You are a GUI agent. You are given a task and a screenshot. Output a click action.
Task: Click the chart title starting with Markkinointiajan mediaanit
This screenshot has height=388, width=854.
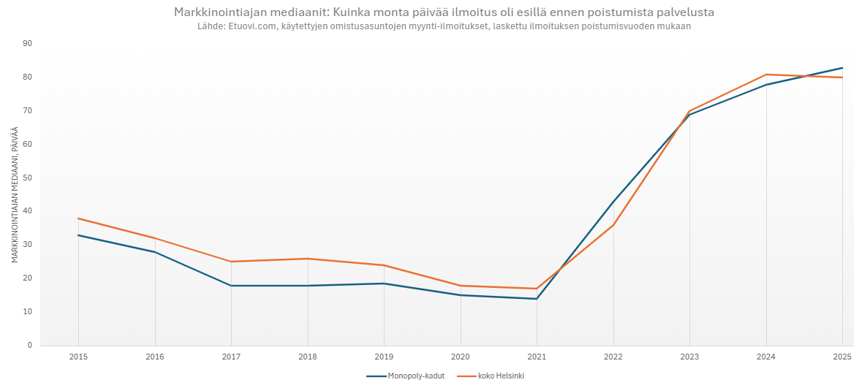pos(444,12)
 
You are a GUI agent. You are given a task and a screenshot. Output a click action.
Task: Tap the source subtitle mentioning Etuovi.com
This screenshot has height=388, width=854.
pos(444,26)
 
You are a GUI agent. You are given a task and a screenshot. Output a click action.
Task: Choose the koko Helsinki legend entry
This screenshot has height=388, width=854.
pos(491,376)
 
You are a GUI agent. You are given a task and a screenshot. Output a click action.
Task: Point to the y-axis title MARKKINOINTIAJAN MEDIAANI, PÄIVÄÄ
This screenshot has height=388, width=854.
pos(15,194)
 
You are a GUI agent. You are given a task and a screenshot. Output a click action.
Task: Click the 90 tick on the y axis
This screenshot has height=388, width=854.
pos(28,44)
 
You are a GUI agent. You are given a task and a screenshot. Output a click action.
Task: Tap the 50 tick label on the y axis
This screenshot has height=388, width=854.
pos(28,178)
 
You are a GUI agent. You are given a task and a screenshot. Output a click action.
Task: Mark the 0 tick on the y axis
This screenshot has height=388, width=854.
pos(30,345)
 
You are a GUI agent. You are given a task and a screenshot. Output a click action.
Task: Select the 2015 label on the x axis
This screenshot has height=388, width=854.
pos(78,357)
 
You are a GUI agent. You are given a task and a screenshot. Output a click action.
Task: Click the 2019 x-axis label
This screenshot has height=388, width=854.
pos(384,357)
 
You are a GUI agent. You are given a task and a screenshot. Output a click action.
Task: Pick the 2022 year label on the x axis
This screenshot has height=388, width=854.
pos(613,357)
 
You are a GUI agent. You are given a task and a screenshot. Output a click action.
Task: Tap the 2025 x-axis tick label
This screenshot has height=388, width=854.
pos(842,357)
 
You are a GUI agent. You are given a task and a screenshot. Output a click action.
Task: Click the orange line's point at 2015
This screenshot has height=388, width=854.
pos(78,218)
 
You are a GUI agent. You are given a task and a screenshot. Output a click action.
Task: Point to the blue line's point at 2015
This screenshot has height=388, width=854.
pos(78,235)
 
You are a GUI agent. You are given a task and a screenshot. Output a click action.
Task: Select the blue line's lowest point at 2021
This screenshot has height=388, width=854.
pos(537,299)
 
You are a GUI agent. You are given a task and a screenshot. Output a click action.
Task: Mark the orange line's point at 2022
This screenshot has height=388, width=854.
pos(613,225)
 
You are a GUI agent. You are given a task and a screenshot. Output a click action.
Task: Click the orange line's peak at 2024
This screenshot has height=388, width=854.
pos(766,75)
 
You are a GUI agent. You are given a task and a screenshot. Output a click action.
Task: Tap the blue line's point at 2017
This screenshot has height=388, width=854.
pos(231,286)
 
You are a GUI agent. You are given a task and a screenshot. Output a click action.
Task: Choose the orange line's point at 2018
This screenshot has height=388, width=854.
pos(308,259)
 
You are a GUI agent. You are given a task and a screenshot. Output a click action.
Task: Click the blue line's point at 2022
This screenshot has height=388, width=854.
pos(613,202)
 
